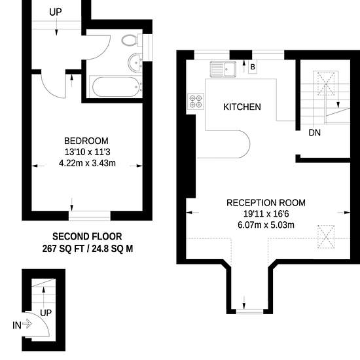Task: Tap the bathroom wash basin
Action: click(135, 63)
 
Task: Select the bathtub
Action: click(116, 87)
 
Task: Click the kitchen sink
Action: click(223, 69)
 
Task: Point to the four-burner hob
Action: click(196, 101)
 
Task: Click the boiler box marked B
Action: click(253, 67)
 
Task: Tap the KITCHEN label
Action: click(242, 107)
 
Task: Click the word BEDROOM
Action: click(86, 141)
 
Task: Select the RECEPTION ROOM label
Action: click(266, 203)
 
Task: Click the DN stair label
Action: click(315, 133)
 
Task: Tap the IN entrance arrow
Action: click(27, 324)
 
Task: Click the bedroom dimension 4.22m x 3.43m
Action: click(87, 163)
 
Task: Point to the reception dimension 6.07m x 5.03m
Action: click(266, 225)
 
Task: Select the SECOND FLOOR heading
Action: click(87, 237)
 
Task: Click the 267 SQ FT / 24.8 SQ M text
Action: click(88, 249)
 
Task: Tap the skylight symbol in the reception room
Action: click(326, 237)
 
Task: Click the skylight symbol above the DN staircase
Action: click(326, 84)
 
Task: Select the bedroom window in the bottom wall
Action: click(90, 216)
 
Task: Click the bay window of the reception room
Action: click(249, 312)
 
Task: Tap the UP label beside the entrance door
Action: click(46, 313)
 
